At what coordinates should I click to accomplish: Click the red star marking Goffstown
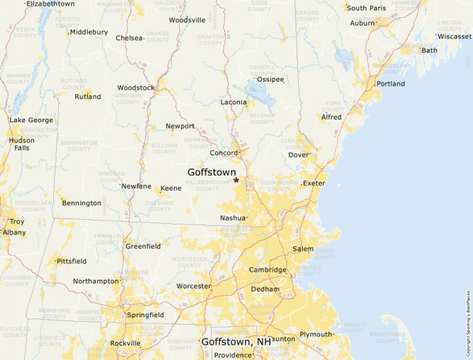pyautogui.click(x=236, y=180)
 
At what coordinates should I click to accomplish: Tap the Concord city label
pyautogui.click(x=224, y=153)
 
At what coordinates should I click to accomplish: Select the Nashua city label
pyautogui.click(x=232, y=218)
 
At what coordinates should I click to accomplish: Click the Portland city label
pyautogui.click(x=391, y=84)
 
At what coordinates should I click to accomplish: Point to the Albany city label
pyautogui.click(x=14, y=232)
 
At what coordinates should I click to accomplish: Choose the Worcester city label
pyautogui.click(x=194, y=286)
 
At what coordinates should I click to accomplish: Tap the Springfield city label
pyautogui.click(x=145, y=315)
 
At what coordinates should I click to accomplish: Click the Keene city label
pyautogui.click(x=171, y=189)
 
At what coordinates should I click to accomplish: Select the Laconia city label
pyautogui.click(x=233, y=102)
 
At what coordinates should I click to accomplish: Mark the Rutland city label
pyautogui.click(x=88, y=97)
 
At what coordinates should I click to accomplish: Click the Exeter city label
pyautogui.click(x=313, y=184)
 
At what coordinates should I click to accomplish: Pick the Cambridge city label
pyautogui.click(x=268, y=270)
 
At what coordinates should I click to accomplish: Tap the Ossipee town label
pyautogui.click(x=270, y=80)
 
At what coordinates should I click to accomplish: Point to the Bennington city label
pyautogui.click(x=82, y=203)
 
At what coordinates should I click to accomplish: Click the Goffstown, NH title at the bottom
pyautogui.click(x=236, y=342)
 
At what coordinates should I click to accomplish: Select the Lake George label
pyautogui.click(x=31, y=120)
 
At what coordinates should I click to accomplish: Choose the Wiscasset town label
pyautogui.click(x=454, y=37)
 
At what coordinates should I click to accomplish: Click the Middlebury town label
pyautogui.click(x=89, y=32)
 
